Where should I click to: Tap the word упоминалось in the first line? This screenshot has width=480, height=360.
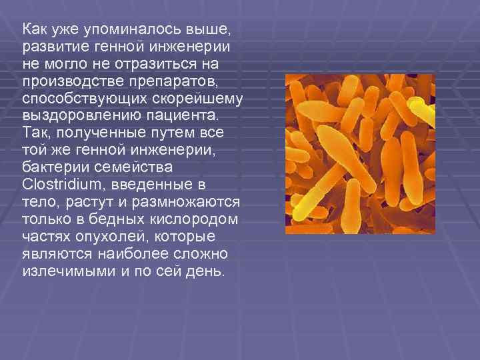[x=113, y=29]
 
